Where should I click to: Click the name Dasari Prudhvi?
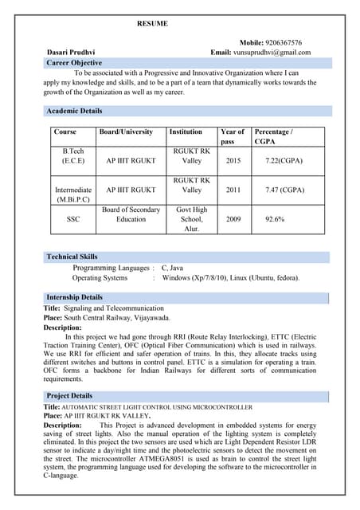71,53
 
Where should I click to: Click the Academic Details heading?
74,111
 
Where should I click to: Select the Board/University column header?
126,131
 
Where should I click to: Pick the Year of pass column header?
233,136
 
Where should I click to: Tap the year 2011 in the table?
233,190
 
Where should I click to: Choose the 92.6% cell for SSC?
276,219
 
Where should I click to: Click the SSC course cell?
72,219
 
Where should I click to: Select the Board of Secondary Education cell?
131,214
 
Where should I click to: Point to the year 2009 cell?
233,219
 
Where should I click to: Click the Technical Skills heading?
72,257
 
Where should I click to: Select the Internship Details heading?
75,297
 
